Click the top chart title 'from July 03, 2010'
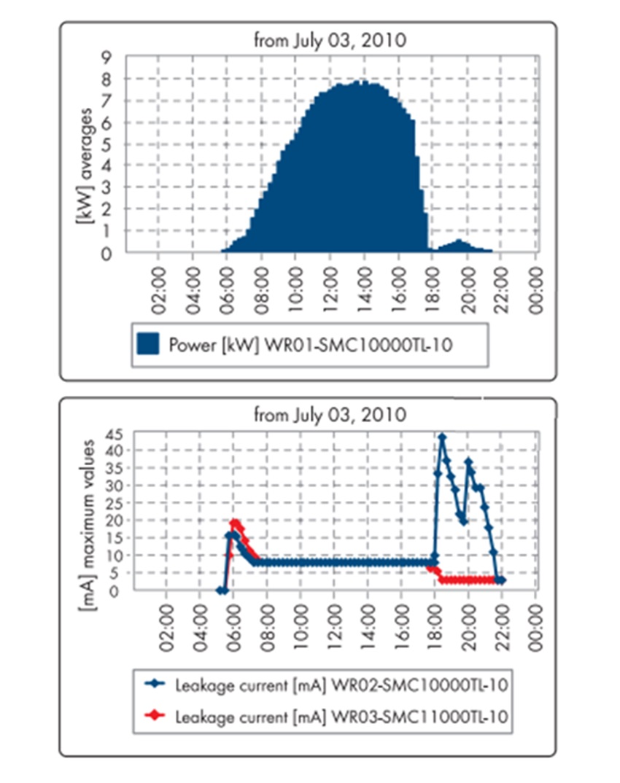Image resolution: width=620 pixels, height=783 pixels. point(330,41)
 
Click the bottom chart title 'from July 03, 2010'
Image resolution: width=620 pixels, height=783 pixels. point(330,416)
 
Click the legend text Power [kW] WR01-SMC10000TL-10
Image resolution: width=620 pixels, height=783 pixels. point(309,344)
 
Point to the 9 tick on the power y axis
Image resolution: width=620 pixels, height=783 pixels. point(107,57)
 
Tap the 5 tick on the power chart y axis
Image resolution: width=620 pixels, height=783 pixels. point(107,144)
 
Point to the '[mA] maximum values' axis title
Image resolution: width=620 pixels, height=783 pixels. point(86,515)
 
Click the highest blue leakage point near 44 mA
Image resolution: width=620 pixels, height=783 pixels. point(442,437)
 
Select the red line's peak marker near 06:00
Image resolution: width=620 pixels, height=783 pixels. point(234,523)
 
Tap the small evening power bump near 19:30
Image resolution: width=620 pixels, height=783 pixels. point(459,243)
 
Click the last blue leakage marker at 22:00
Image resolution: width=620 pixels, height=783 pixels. point(502,580)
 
